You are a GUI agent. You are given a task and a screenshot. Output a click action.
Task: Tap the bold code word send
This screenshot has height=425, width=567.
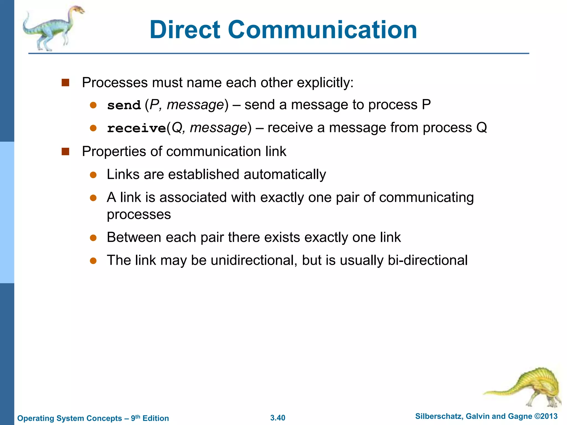pos(124,105)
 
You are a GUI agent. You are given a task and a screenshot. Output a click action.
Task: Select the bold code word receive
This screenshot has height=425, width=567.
pos(136,128)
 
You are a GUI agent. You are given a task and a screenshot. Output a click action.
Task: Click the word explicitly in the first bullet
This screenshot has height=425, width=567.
pos(325,83)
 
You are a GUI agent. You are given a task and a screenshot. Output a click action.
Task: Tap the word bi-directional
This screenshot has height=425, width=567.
pos(427,260)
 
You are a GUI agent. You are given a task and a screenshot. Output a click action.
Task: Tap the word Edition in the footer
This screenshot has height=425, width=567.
pos(156,418)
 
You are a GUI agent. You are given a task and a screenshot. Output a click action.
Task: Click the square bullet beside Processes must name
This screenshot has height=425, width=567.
pos(65,83)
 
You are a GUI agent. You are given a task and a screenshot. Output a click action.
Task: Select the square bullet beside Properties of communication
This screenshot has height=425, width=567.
pos(65,152)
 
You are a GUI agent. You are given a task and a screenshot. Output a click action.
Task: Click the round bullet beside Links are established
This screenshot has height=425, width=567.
pos(93,175)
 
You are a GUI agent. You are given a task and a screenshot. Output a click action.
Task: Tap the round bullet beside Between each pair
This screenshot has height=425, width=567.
pos(93,238)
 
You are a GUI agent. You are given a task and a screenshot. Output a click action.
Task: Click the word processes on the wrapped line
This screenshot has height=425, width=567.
pos(139,215)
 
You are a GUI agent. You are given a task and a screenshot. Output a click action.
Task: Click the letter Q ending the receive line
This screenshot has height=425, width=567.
pos(481,128)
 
